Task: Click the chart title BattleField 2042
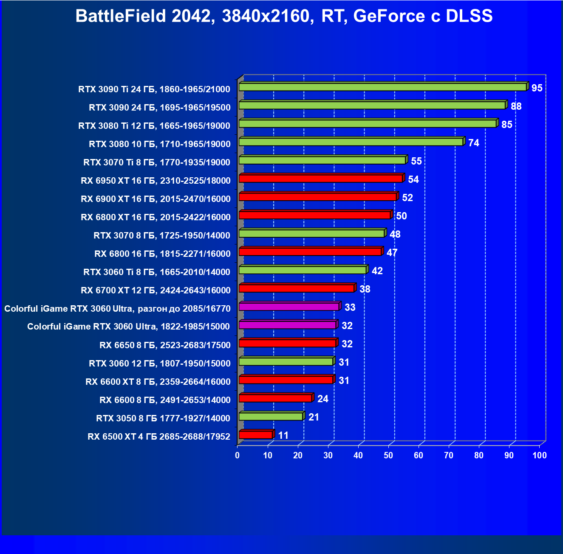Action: (x=284, y=16)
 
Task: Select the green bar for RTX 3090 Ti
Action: (x=382, y=87)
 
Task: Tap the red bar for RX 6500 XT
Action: (x=256, y=435)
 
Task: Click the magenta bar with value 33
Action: (x=289, y=307)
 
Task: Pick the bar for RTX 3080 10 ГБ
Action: (x=351, y=142)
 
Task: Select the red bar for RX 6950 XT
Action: (x=321, y=179)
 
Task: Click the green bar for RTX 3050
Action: (x=271, y=417)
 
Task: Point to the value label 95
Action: (x=537, y=88)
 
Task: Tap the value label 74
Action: (x=474, y=143)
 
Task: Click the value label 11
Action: (x=283, y=435)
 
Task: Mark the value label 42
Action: (x=377, y=271)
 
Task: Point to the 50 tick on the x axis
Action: (x=388, y=455)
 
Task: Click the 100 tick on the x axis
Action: (x=540, y=455)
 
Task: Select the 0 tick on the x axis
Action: (x=238, y=455)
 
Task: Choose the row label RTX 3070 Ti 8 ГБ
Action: (x=157, y=162)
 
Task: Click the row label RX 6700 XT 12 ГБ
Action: (x=156, y=290)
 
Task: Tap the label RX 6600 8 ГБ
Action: (x=165, y=400)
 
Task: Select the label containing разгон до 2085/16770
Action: (x=117, y=309)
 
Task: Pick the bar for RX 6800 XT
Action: (x=314, y=215)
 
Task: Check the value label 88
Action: (x=516, y=106)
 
